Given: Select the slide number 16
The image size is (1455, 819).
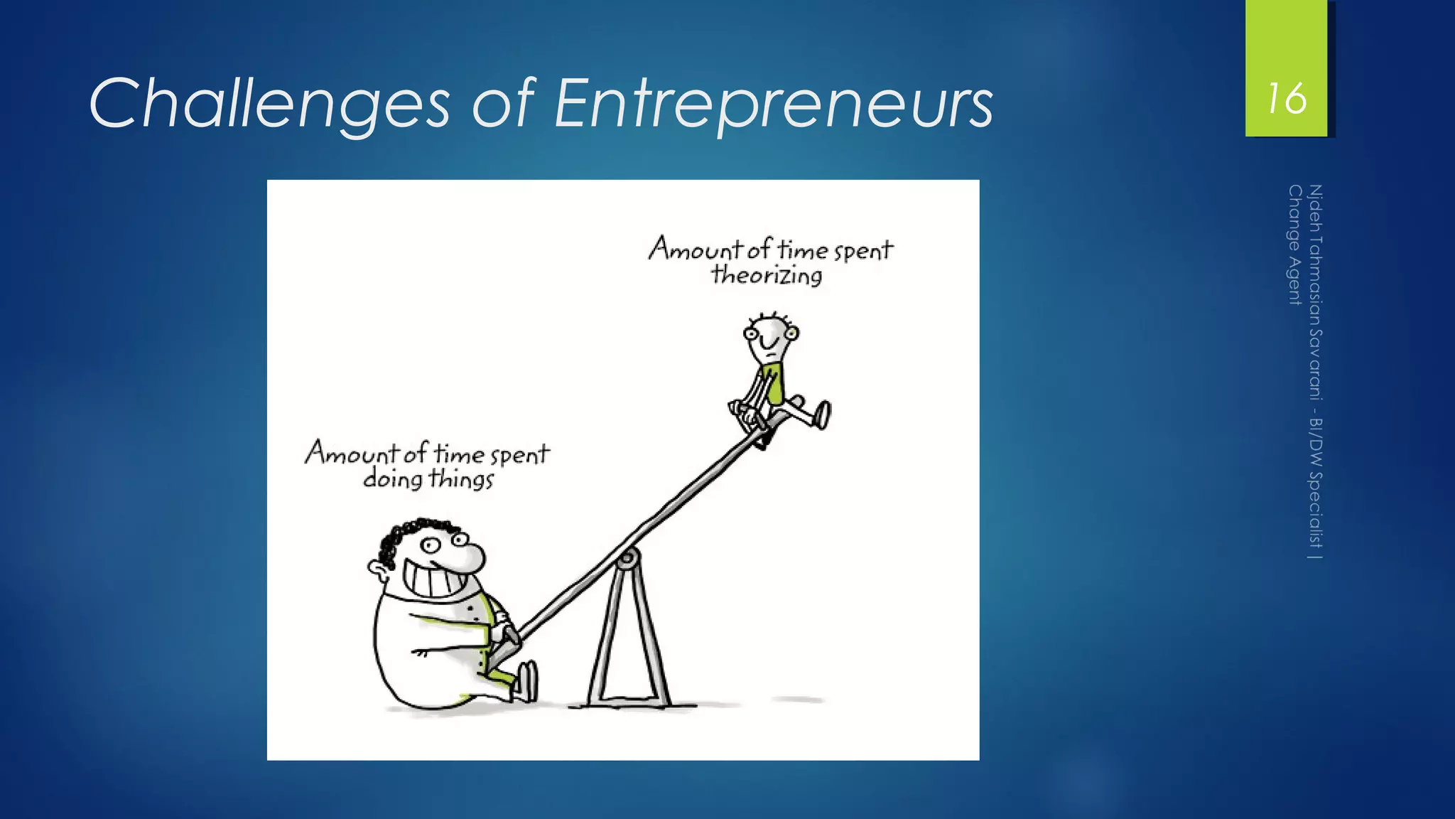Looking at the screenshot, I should (x=1287, y=98).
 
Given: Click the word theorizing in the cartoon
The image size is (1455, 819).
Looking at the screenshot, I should (x=767, y=275).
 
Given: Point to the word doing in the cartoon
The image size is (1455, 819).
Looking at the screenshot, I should (x=393, y=478).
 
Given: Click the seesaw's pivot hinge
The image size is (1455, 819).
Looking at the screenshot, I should (x=626, y=560).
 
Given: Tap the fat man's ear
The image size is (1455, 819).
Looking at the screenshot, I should (x=378, y=568).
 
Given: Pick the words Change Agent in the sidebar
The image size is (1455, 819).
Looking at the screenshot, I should (x=1294, y=245).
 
